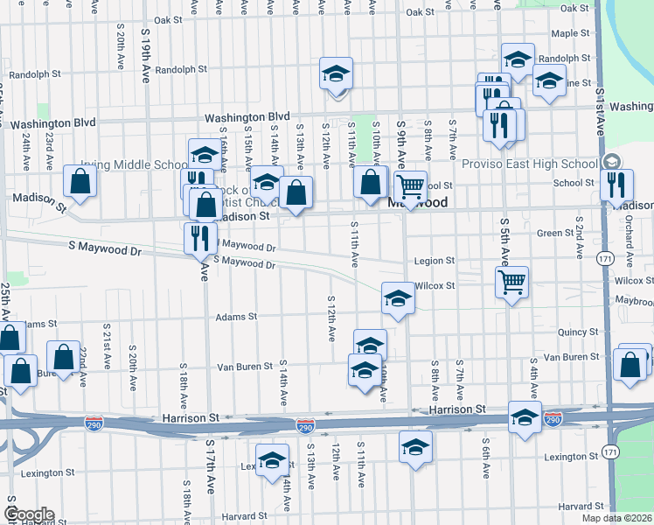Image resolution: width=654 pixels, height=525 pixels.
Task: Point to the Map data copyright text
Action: pyautogui.click(x=617, y=518)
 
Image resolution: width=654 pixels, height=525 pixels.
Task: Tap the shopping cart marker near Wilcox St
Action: pyautogui.click(x=511, y=282)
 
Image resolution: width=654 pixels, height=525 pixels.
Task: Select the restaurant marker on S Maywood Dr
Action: pyautogui.click(x=199, y=237)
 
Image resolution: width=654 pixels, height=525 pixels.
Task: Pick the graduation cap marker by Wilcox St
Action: pyautogui.click(x=397, y=298)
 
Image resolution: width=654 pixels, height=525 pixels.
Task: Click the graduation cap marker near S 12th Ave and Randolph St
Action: pyautogui.click(x=334, y=75)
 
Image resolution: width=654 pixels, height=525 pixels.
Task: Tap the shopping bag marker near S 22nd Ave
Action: pyautogui.click(x=64, y=356)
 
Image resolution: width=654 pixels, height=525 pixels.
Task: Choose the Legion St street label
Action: pyautogui.click(x=435, y=261)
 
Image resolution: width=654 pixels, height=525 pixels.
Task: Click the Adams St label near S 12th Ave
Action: pyautogui.click(x=236, y=317)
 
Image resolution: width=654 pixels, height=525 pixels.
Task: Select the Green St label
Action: pyautogui.click(x=554, y=233)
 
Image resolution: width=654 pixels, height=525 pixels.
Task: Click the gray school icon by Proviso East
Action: pyautogui.click(x=609, y=163)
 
